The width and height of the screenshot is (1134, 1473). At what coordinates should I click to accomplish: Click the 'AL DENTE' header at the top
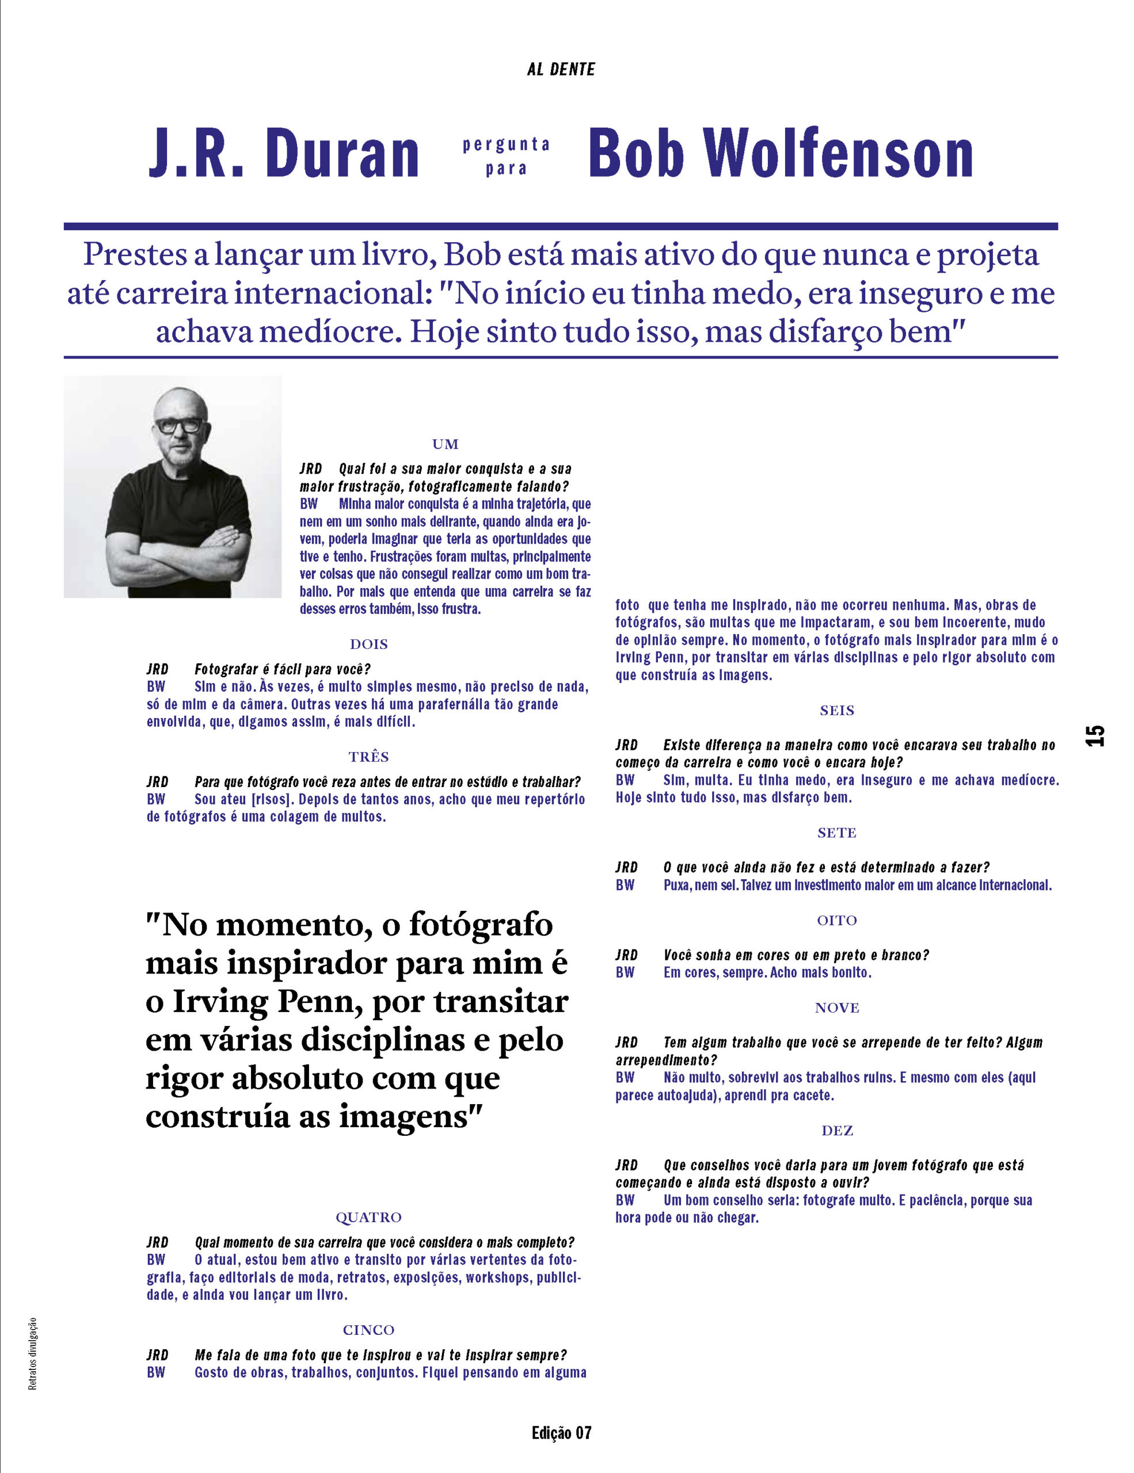pyautogui.click(x=561, y=70)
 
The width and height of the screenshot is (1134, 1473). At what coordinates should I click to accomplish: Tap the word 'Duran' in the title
pyautogui.click(x=343, y=154)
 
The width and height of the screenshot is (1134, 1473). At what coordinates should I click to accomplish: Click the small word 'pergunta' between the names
pyautogui.click(x=506, y=144)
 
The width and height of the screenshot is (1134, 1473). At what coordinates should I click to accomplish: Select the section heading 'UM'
pyautogui.click(x=445, y=444)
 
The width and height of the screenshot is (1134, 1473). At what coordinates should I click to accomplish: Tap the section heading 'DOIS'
pyautogui.click(x=369, y=644)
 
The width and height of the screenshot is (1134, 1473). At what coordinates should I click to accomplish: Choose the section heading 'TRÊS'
pyautogui.click(x=369, y=757)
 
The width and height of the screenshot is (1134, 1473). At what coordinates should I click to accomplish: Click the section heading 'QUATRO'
pyautogui.click(x=369, y=1218)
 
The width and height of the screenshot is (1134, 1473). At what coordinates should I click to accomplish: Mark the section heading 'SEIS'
pyautogui.click(x=836, y=710)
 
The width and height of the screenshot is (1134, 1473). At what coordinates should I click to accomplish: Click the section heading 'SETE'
pyautogui.click(x=836, y=833)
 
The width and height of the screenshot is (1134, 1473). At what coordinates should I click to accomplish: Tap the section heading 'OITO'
pyautogui.click(x=836, y=921)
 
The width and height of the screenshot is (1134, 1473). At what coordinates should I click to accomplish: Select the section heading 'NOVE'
pyautogui.click(x=836, y=1008)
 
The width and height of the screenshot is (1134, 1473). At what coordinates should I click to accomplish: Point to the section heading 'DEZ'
pyautogui.click(x=836, y=1131)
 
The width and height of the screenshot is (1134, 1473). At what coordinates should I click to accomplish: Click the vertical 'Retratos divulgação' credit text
pyautogui.click(x=32, y=1353)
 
